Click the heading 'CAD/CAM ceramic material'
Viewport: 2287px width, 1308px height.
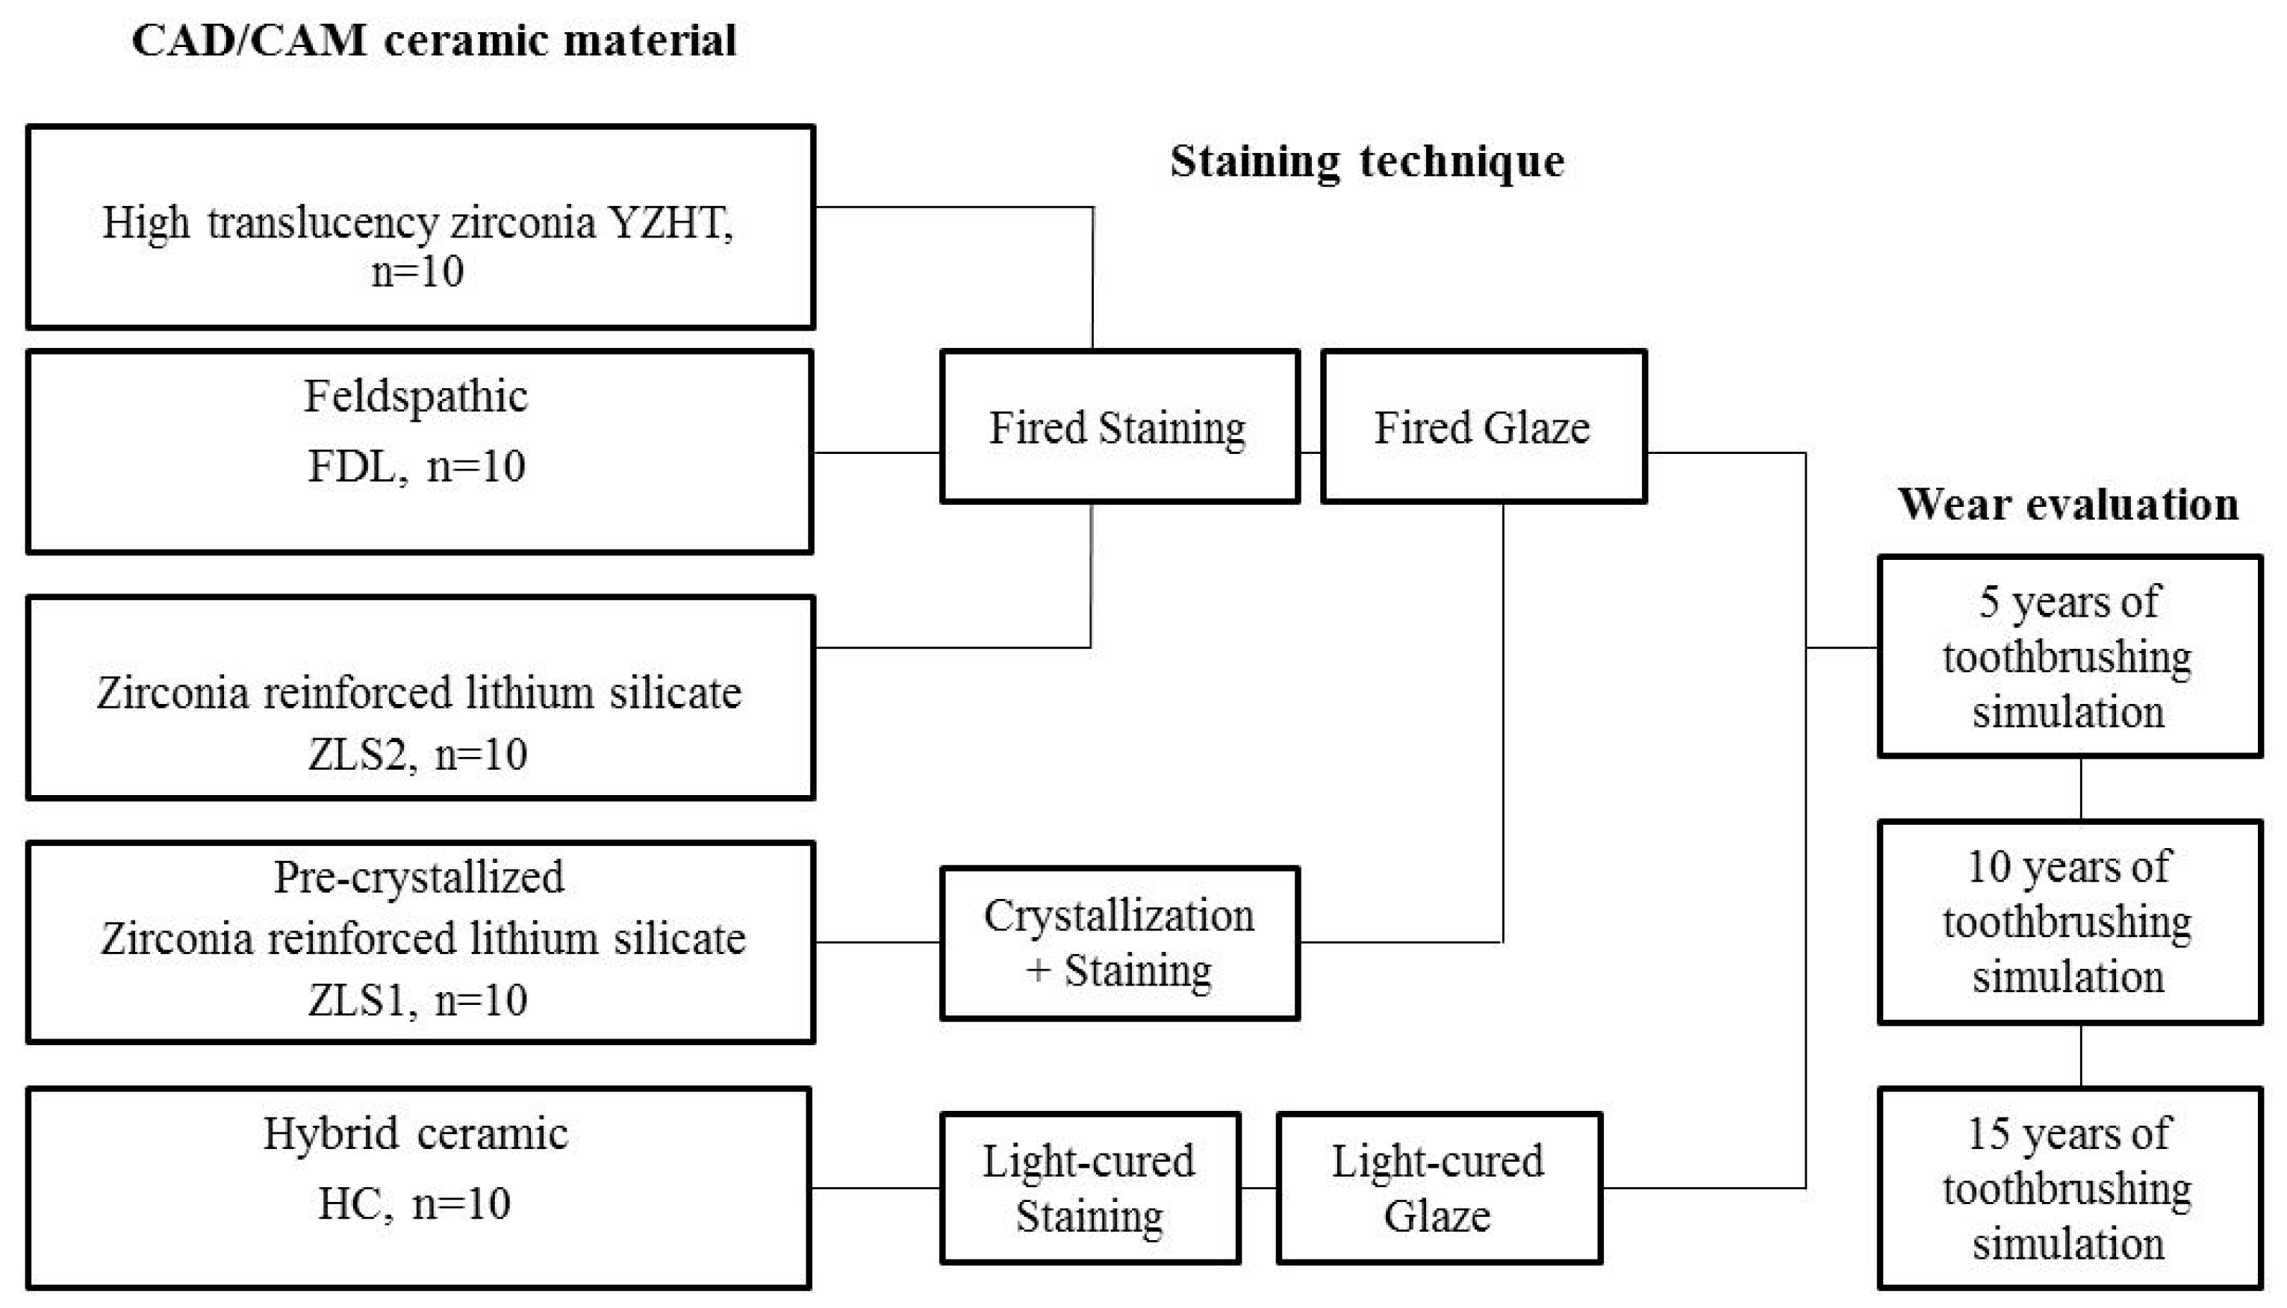434,40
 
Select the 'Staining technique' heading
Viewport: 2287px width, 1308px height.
1366,163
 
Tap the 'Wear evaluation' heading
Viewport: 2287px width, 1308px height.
2067,504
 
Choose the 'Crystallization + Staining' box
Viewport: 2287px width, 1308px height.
1119,942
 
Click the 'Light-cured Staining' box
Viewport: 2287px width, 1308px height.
1089,1188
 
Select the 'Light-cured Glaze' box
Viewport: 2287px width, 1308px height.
1438,1188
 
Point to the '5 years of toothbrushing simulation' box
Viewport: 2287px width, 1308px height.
2069,657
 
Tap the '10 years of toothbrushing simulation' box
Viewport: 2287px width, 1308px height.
2069,922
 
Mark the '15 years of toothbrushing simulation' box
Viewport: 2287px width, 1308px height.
2069,1188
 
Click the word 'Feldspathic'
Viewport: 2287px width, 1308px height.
416,396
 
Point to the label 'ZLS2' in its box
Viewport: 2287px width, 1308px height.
357,755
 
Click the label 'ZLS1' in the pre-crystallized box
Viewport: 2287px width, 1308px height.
357,1000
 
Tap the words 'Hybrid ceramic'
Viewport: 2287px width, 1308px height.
416,1134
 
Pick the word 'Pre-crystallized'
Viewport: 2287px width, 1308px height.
420,876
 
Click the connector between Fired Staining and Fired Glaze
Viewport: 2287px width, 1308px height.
1310,452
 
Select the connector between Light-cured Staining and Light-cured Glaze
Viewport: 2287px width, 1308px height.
1258,1188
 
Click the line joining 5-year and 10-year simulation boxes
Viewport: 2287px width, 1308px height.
2081,788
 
